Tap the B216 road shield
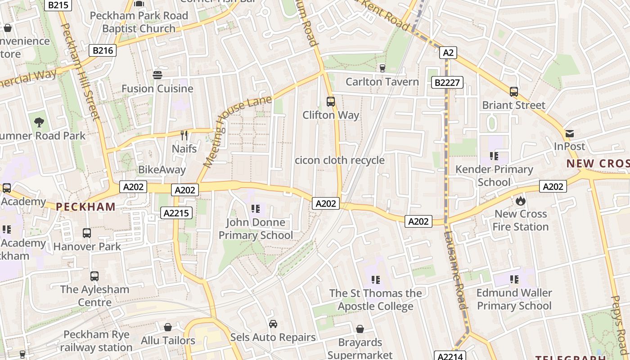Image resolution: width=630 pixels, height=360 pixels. [x=103, y=50]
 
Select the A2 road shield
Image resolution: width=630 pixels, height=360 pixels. [x=448, y=53]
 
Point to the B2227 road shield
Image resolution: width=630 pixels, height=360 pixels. [x=447, y=82]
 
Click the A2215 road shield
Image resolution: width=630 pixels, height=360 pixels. [x=176, y=213]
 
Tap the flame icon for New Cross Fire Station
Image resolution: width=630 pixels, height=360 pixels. [x=521, y=200]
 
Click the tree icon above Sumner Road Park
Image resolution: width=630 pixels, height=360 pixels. [x=39, y=121]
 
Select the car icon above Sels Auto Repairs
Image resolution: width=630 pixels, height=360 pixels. [x=273, y=324]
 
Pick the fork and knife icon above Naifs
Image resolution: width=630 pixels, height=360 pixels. [x=184, y=135]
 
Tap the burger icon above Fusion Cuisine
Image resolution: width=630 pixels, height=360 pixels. [x=157, y=75]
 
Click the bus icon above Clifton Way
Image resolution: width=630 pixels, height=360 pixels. [x=331, y=102]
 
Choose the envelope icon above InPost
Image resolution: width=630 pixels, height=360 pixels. [x=570, y=133]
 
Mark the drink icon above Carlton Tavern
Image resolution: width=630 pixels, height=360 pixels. [x=382, y=68]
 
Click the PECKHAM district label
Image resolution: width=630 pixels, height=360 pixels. [x=85, y=207]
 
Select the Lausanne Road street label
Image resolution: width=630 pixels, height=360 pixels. [x=454, y=270]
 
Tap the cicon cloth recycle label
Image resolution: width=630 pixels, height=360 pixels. [x=340, y=160]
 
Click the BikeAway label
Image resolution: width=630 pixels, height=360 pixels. [x=162, y=170]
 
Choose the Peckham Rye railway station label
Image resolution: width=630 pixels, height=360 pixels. [x=96, y=341]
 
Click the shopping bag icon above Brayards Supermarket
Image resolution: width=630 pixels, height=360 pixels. [x=360, y=329]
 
